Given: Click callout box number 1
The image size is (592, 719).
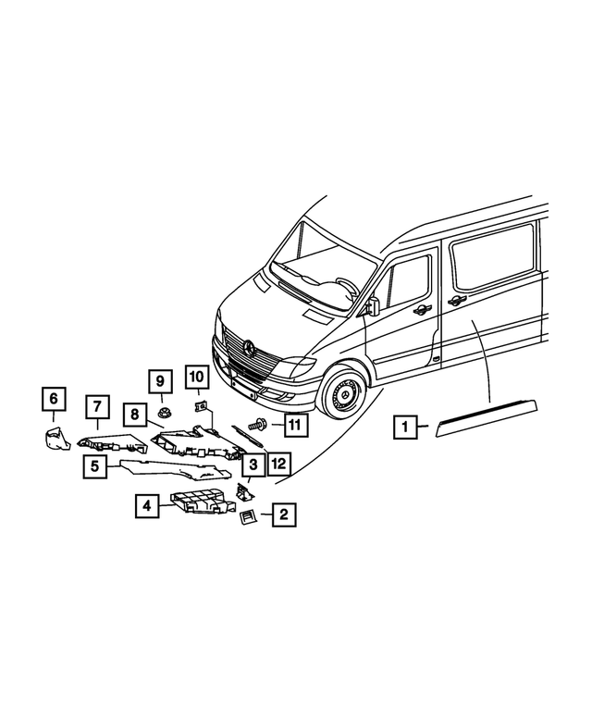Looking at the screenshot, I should click(403, 428).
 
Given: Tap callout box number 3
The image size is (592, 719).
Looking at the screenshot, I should click(253, 464).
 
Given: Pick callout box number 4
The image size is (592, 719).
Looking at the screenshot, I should click(145, 505).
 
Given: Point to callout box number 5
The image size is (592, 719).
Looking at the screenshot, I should click(94, 466).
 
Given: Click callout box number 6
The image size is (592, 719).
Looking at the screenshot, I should click(53, 399).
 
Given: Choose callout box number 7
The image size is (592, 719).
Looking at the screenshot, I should click(97, 405).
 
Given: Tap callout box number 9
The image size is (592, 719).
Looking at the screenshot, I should click(159, 380).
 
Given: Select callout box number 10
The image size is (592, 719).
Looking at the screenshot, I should click(196, 377).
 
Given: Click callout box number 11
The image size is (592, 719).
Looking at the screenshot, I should click(293, 426).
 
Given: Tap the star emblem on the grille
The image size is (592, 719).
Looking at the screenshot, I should click(250, 347).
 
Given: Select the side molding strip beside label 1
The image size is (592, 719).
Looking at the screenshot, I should click(491, 416).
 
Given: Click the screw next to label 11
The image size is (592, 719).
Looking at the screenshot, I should click(258, 427).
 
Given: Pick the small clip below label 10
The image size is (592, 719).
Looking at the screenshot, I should click(200, 405).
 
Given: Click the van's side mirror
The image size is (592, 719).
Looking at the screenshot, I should click(374, 306).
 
